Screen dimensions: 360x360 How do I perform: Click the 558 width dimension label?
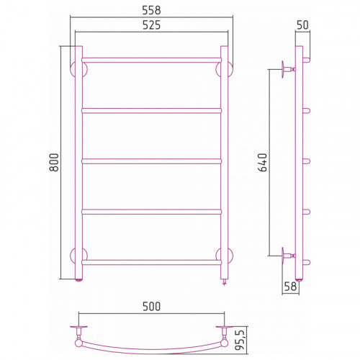coord(151,10)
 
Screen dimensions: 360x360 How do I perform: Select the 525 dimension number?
coord(151,25)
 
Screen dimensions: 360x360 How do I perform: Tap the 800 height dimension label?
coord(54,162)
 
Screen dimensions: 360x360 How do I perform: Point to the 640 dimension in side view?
coord(262,163)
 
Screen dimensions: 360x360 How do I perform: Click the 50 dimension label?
coord(302,25)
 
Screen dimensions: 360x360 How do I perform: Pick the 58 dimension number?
coord(290,286)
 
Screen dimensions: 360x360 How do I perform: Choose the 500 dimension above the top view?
coord(151,307)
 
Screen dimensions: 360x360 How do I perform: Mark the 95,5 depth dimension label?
coord(240,340)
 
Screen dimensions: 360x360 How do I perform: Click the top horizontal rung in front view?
coord(151,60)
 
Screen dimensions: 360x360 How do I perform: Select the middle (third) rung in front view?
coord(151,161)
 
